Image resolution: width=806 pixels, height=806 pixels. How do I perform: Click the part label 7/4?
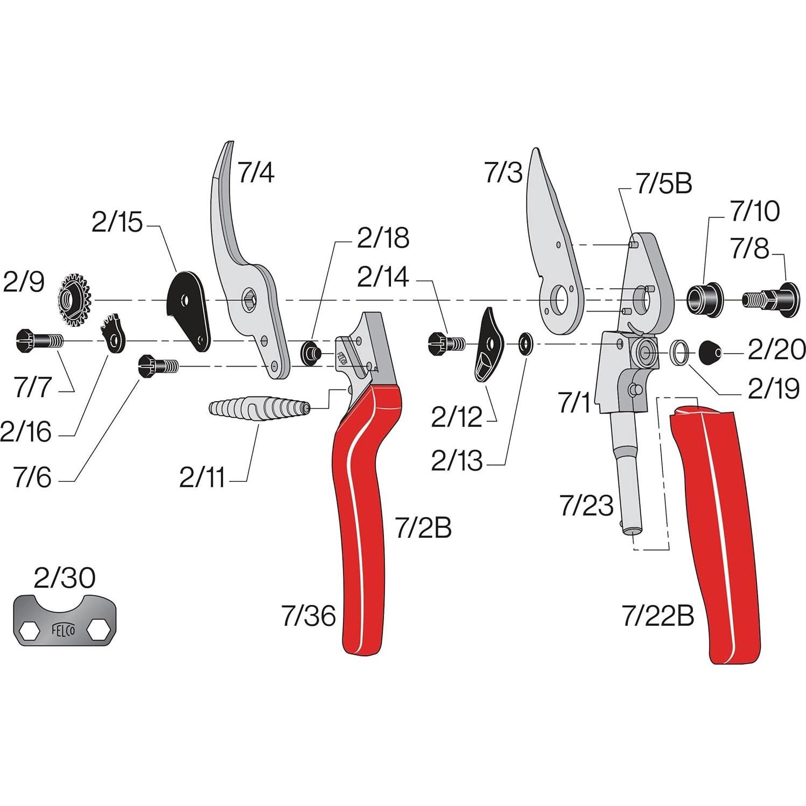(x=256, y=173)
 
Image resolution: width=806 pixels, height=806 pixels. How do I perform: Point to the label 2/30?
(x=65, y=578)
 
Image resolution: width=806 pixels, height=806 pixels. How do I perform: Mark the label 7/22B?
(x=658, y=615)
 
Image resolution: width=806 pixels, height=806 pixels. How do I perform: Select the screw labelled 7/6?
(x=157, y=366)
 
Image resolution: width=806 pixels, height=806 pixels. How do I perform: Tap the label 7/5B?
(x=663, y=185)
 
